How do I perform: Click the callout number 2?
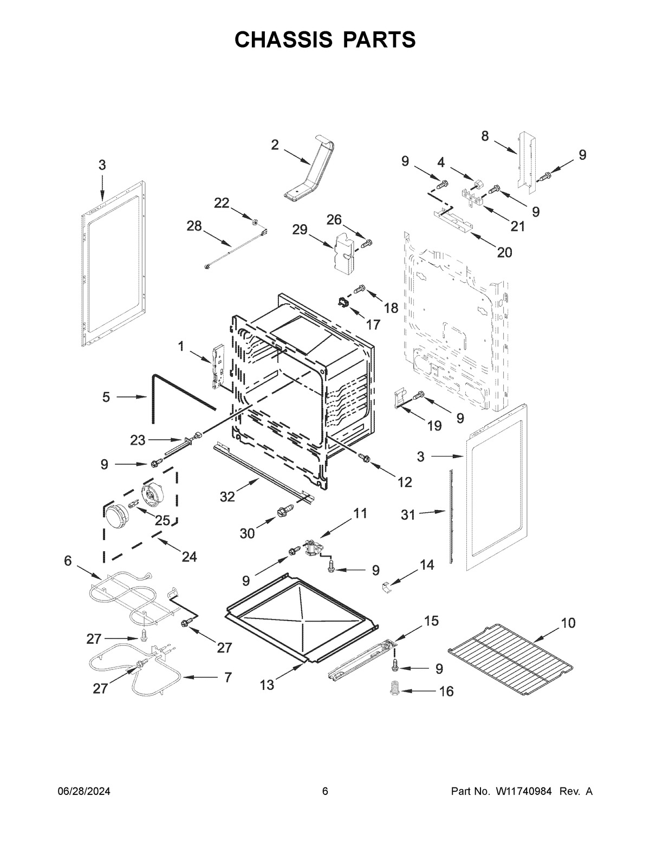pyautogui.click(x=275, y=145)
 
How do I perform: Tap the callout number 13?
pyautogui.click(x=266, y=685)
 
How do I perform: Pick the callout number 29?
pyautogui.click(x=300, y=230)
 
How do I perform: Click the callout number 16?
pyautogui.click(x=446, y=692)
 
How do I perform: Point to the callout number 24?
pyautogui.click(x=189, y=556)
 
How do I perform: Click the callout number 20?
pyautogui.click(x=504, y=252)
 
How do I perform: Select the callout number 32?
pyautogui.click(x=227, y=496)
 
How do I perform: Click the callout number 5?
pyautogui.click(x=106, y=397)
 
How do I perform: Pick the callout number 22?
pyautogui.click(x=222, y=203)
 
